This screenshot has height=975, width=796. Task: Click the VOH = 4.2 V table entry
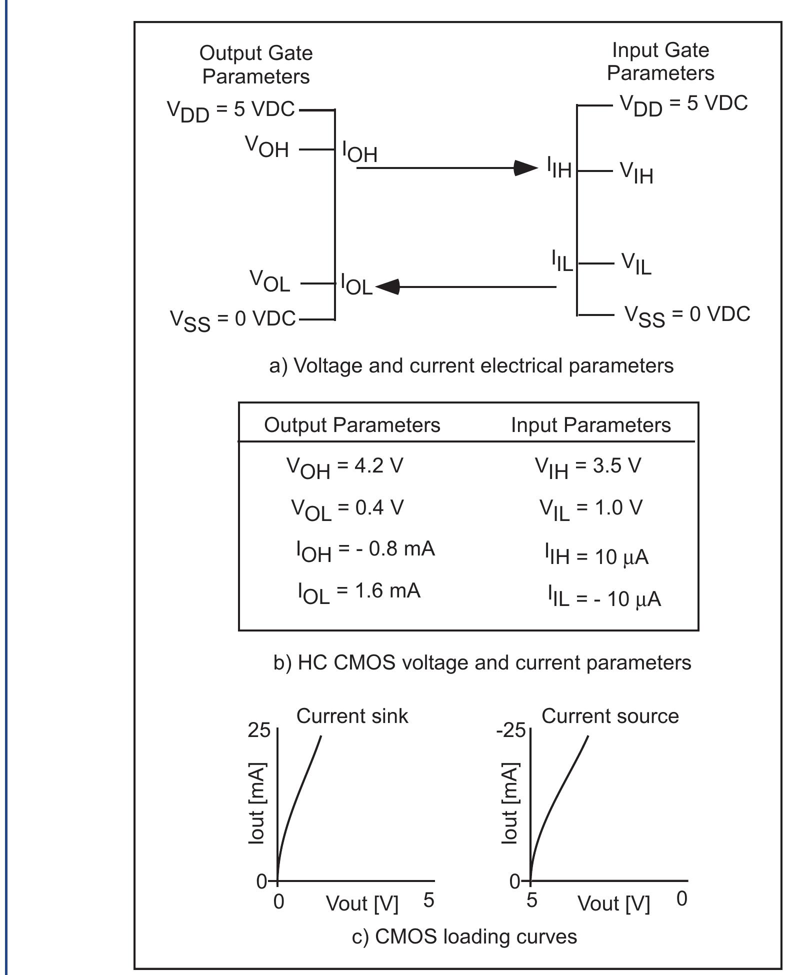pos(344,467)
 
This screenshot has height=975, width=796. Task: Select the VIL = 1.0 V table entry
pos(590,509)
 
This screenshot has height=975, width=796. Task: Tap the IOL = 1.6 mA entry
pos(359,592)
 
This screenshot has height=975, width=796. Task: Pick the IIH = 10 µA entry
pos(596,555)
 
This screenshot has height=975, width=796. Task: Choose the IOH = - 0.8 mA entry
pos(365,550)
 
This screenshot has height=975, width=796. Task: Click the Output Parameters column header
pos(352,425)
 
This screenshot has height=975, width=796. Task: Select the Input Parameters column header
pos(590,425)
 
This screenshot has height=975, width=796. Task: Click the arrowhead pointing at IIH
pos(525,168)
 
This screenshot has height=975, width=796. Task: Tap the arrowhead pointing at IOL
pos(387,287)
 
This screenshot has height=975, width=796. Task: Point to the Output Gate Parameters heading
pos(256,64)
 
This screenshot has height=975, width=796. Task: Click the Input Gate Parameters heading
pos(660,61)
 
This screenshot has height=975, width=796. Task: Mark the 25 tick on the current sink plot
pos(258,730)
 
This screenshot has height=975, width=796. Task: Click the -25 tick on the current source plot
pos(510,730)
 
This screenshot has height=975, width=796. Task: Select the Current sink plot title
pos(352,716)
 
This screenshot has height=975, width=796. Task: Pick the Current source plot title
pos(610,716)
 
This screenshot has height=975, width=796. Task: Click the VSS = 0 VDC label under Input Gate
pos(687,315)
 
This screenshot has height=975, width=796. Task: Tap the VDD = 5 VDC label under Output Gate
pos(230,110)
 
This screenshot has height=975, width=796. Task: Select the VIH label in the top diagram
pos(636,172)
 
